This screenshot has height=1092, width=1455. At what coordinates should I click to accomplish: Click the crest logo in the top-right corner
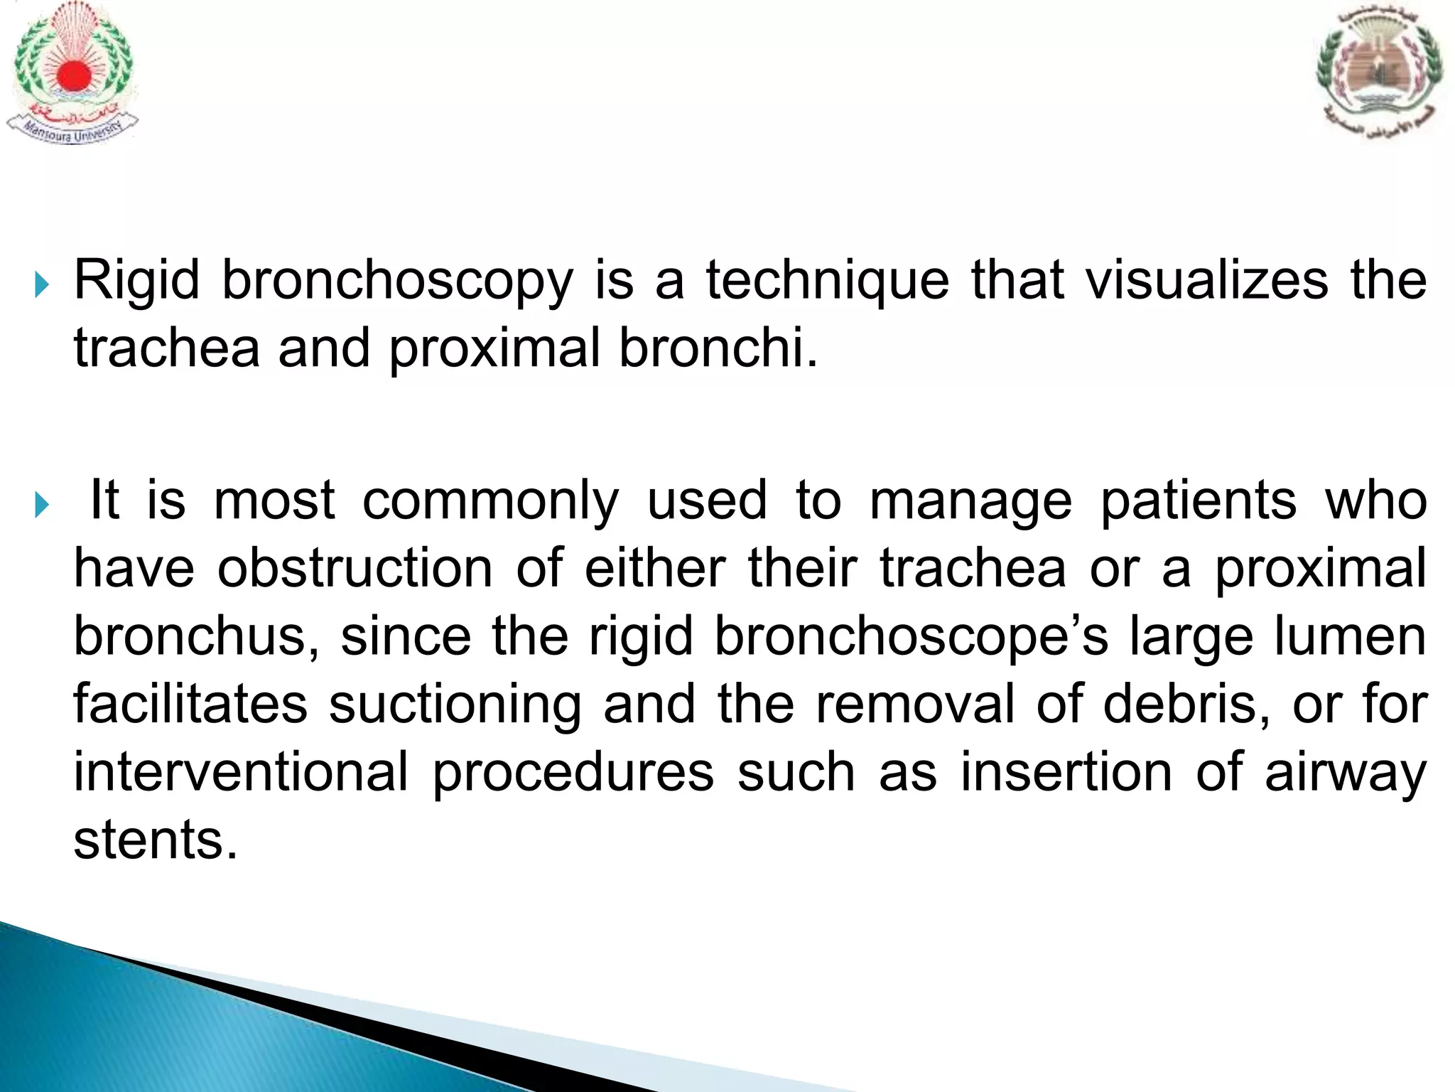(1378, 71)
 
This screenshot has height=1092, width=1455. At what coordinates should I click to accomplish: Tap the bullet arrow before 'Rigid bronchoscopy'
(42, 287)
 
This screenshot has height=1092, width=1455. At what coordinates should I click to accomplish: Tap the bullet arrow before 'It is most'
(42, 505)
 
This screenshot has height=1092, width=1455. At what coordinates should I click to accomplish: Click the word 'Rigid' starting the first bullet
(136, 280)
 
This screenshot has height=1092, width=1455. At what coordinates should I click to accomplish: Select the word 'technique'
(827, 280)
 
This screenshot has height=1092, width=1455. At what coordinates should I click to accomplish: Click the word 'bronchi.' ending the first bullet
(718, 348)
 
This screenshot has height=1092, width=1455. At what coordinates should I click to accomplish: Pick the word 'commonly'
(490, 500)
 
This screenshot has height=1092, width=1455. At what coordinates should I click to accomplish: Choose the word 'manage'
(970, 500)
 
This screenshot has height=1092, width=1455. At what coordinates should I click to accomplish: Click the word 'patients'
(1199, 500)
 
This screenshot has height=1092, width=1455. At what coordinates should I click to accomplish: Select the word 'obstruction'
(355, 569)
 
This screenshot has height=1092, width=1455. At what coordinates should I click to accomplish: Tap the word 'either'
(654, 569)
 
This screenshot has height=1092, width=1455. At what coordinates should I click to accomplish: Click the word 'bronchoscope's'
(911, 636)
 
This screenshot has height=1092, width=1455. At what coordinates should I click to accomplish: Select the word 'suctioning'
(455, 705)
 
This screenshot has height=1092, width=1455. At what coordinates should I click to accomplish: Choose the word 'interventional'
(242, 772)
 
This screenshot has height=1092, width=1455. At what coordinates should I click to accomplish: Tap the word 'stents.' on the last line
(155, 840)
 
